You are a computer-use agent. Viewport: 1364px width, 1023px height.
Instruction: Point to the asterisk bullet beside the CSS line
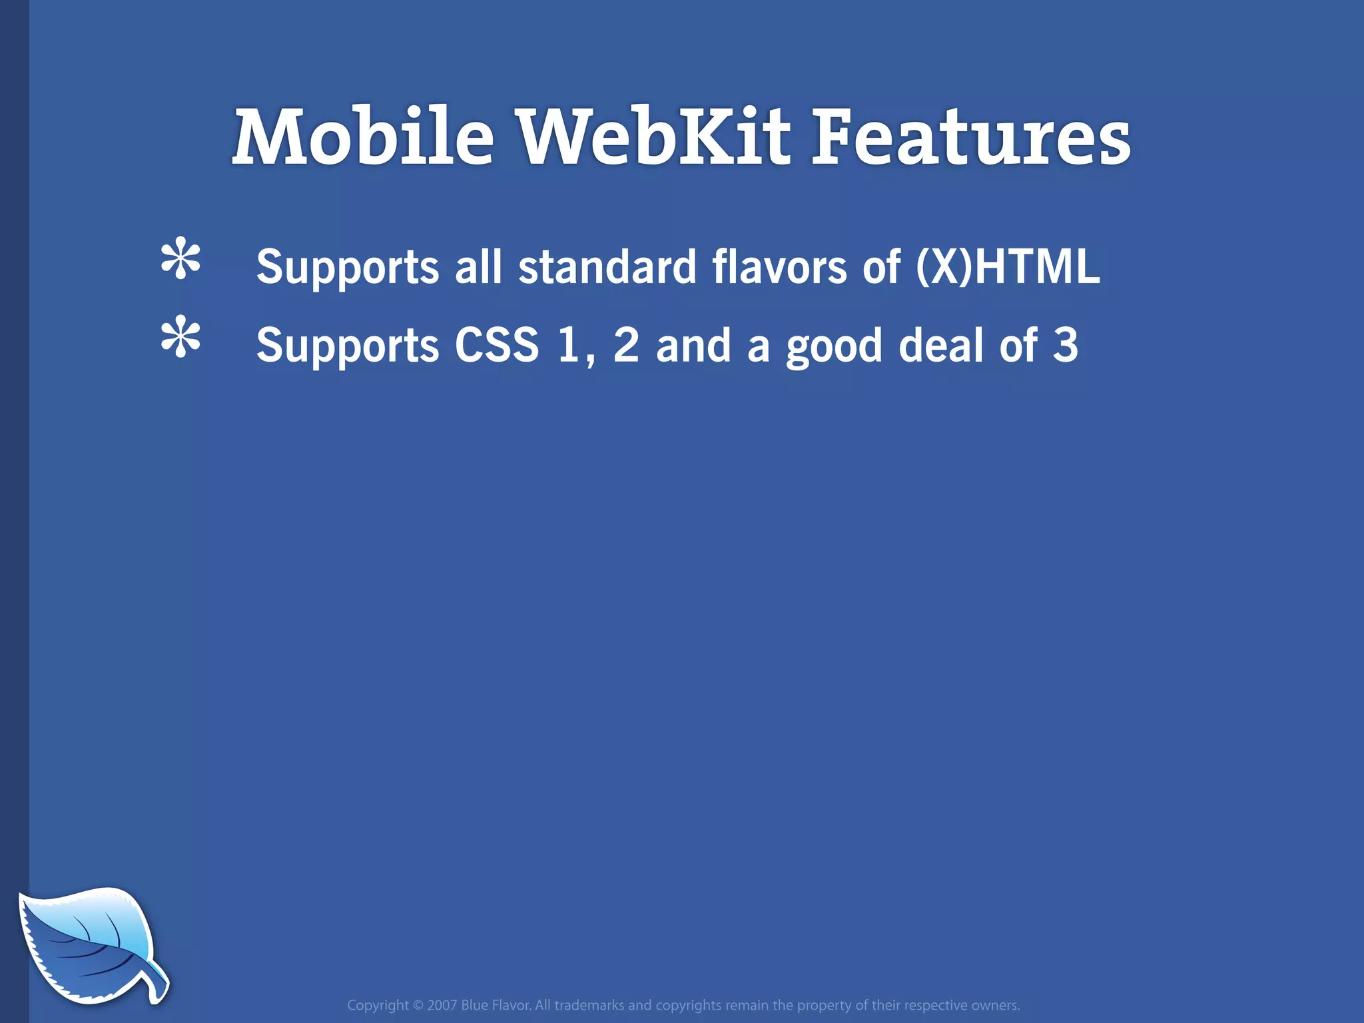coord(180,338)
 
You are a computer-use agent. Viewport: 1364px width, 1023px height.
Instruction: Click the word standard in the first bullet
coord(607,266)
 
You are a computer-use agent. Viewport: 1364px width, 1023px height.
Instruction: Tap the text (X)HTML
coord(1008,266)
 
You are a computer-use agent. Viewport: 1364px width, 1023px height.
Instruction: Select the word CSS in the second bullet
coord(496,345)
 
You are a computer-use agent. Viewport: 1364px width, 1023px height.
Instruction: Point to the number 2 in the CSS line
coord(626,345)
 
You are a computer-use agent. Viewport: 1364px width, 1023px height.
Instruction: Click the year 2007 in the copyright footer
coord(442,1005)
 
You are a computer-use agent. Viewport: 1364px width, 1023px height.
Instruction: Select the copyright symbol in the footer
coord(418,1005)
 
